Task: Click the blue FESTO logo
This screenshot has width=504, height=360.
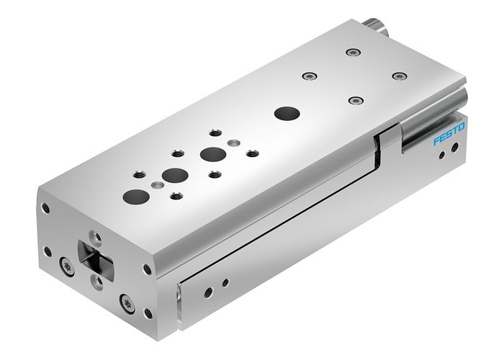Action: coord(449,135)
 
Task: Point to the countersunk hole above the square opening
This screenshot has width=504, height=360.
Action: coord(93,235)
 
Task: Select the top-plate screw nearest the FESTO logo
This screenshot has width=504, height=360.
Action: coord(397,76)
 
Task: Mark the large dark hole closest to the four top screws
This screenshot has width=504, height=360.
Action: coord(286,113)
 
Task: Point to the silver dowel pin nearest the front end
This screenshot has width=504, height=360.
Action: coord(158,185)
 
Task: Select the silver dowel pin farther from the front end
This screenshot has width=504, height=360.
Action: coord(231,143)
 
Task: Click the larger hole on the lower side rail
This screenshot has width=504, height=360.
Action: coord(208,292)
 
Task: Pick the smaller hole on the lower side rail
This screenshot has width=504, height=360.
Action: coord(225,282)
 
